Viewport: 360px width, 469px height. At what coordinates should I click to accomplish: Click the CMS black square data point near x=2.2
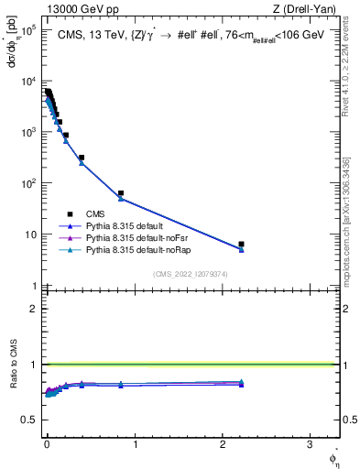click(x=241, y=245)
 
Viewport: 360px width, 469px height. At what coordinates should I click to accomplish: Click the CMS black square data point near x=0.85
click(x=121, y=193)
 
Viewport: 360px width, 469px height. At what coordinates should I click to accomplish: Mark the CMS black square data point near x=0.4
click(x=82, y=158)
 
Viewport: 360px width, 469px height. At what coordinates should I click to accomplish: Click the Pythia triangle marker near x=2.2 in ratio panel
click(x=241, y=382)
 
